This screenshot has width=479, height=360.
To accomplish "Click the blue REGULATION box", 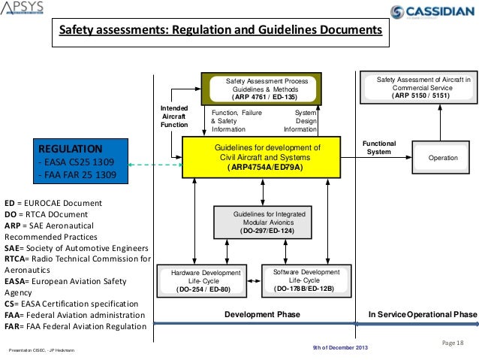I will (82, 161).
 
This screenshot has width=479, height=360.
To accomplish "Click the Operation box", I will (441, 159).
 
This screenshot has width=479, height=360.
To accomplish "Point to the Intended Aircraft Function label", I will (174, 116).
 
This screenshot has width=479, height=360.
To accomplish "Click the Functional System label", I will (379, 147).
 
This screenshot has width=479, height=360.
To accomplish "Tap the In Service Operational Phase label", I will (421, 313).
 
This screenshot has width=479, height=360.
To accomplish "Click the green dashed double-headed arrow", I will (155, 165).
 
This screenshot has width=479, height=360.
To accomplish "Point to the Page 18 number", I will (454, 343).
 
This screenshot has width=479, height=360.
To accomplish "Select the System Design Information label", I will (300, 120).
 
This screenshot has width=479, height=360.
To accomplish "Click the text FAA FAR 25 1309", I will (80, 176).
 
